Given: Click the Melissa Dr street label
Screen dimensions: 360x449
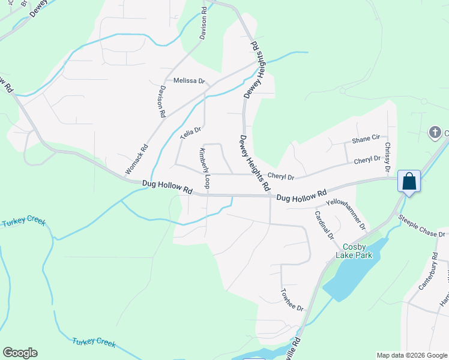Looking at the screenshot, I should tap(189, 81).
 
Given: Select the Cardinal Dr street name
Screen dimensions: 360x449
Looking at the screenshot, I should tap(324, 225).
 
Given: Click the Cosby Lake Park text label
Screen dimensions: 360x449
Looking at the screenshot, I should tap(358, 251).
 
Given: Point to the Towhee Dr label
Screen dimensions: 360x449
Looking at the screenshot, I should tap(292, 299).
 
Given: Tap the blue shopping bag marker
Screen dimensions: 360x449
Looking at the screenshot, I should tap(409, 181).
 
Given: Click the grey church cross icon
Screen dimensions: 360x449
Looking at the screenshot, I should tap(436, 132).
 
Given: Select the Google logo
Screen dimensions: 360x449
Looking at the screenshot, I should tap(20, 353).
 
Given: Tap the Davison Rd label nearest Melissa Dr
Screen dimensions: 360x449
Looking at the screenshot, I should tap(162, 101).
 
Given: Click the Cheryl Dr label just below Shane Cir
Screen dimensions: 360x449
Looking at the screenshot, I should tap(367, 160).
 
